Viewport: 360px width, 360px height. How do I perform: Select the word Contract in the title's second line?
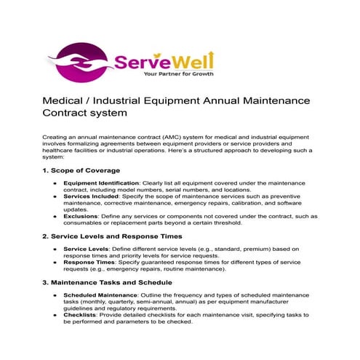click(x=70, y=114)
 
